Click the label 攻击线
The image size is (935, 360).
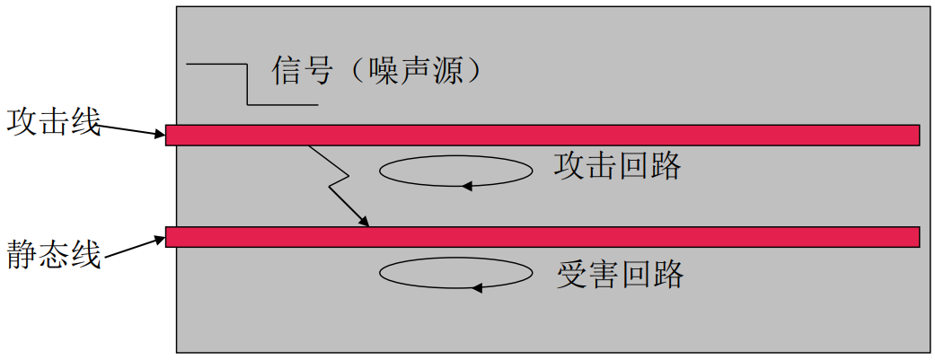53,121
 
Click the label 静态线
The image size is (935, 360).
53,254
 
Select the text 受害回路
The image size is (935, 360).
619,274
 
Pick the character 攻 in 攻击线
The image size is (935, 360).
22,121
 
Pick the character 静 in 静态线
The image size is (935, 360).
22,254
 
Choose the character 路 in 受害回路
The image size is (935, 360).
667,274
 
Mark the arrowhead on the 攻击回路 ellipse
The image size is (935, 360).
466,186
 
